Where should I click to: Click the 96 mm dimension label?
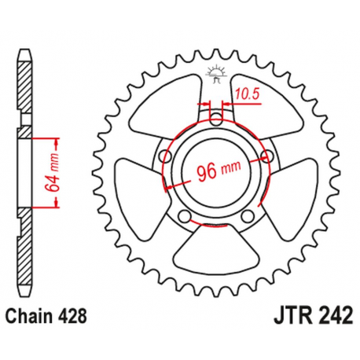215,169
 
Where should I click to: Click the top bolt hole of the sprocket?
216,119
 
